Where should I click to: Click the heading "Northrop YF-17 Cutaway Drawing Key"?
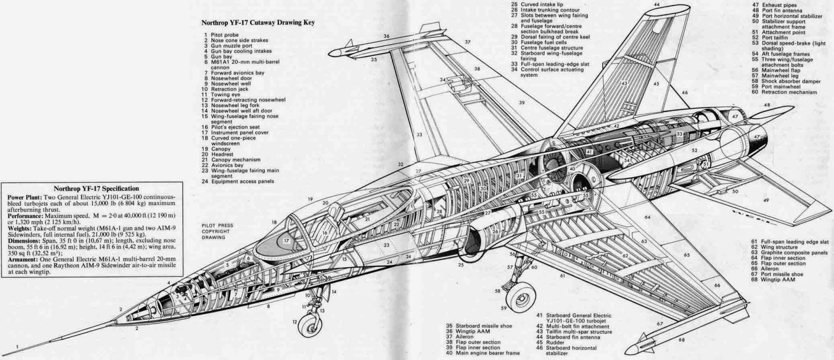258,23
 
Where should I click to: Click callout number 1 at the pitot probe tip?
17,346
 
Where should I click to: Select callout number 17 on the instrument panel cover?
286,241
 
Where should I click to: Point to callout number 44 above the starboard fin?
657,4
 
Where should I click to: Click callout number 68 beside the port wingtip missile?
682,340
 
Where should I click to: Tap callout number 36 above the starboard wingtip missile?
386,36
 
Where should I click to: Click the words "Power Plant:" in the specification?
23,197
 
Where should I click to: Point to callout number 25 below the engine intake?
461,265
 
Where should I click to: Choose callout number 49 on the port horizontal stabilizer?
765,200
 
